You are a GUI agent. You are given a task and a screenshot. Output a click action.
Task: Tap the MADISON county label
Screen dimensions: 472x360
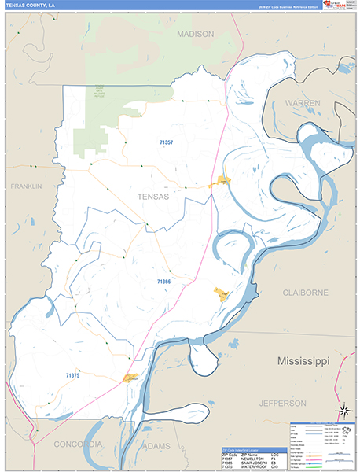click(195, 35)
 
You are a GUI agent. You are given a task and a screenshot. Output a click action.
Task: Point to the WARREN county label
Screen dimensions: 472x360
click(302, 103)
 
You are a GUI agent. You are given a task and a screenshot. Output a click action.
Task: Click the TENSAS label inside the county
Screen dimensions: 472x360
click(152, 197)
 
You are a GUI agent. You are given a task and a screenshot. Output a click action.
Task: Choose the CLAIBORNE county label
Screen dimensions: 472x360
click(305, 292)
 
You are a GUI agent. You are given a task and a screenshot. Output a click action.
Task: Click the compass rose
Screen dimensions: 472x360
click(343, 411)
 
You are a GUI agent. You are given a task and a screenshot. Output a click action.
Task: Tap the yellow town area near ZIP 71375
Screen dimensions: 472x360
click(130, 378)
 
